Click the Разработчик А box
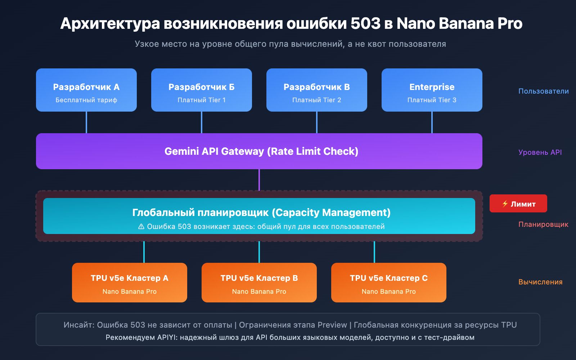[86, 90]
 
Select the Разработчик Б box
[202, 90]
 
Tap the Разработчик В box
[317, 90]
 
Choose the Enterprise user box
[432, 90]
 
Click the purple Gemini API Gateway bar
[259, 151]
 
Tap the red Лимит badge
[518, 204]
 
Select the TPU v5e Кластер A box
[130, 283]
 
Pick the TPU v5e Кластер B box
[259, 283]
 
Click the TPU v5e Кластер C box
[389, 283]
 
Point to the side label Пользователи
[543, 91]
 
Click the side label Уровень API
[540, 152]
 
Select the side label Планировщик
[543, 225]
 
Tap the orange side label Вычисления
[540, 282]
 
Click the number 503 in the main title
[365, 24]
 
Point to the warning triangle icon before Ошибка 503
[141, 227]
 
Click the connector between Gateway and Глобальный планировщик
[259, 180]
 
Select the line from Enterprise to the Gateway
[432, 122]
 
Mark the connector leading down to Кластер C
[374, 252]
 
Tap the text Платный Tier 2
[317, 100]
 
